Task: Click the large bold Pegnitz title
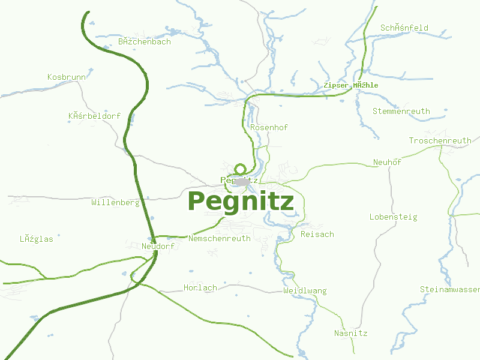tap(241, 202)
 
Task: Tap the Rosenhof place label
tap(269, 128)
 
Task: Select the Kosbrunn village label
tap(66, 77)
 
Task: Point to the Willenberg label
tap(115, 203)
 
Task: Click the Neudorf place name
tap(158, 247)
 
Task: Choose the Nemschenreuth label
tap(219, 239)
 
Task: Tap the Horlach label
tap(200, 288)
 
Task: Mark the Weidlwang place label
tap(305, 291)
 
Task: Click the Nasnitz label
tap(350, 334)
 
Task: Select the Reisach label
tap(317, 235)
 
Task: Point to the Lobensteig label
tap(393, 217)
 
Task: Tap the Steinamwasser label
tap(449, 290)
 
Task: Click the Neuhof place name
tap(387, 163)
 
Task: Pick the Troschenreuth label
tap(440, 141)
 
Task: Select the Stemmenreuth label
tap(401, 112)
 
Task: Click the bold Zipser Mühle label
tap(350, 85)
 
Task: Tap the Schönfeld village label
tap(404, 28)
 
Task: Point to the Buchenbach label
tap(144, 42)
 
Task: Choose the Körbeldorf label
tap(94, 116)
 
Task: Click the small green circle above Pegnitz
tap(241, 169)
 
